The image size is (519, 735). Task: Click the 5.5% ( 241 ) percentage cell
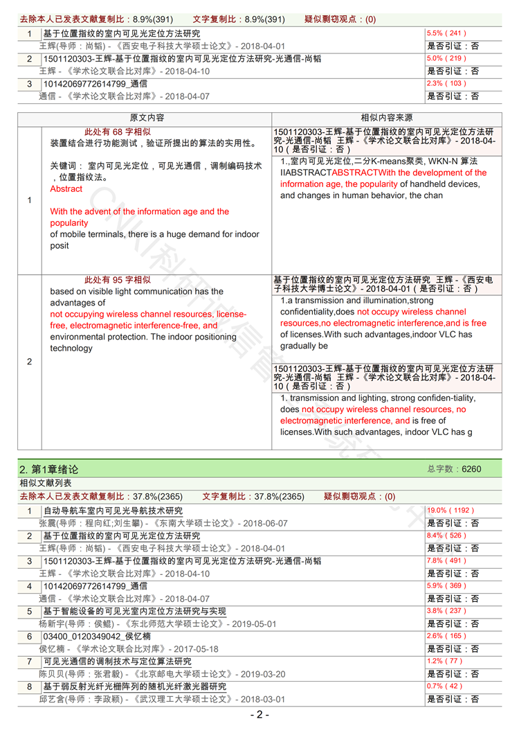pos(447,33)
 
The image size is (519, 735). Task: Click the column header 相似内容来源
pos(386,118)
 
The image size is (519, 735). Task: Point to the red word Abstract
pos(66,188)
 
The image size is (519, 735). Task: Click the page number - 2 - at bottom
pos(259,715)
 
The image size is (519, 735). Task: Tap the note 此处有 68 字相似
pos(117,132)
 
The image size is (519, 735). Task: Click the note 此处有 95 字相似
pos(117,280)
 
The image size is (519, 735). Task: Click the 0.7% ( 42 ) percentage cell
pos(446,687)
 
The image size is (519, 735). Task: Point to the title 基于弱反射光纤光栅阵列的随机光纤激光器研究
pos(134,687)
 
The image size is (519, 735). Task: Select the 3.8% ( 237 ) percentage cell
pos(447,611)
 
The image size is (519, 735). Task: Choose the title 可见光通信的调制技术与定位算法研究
pos(117,662)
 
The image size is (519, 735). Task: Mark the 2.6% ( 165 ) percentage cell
pos(447,637)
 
